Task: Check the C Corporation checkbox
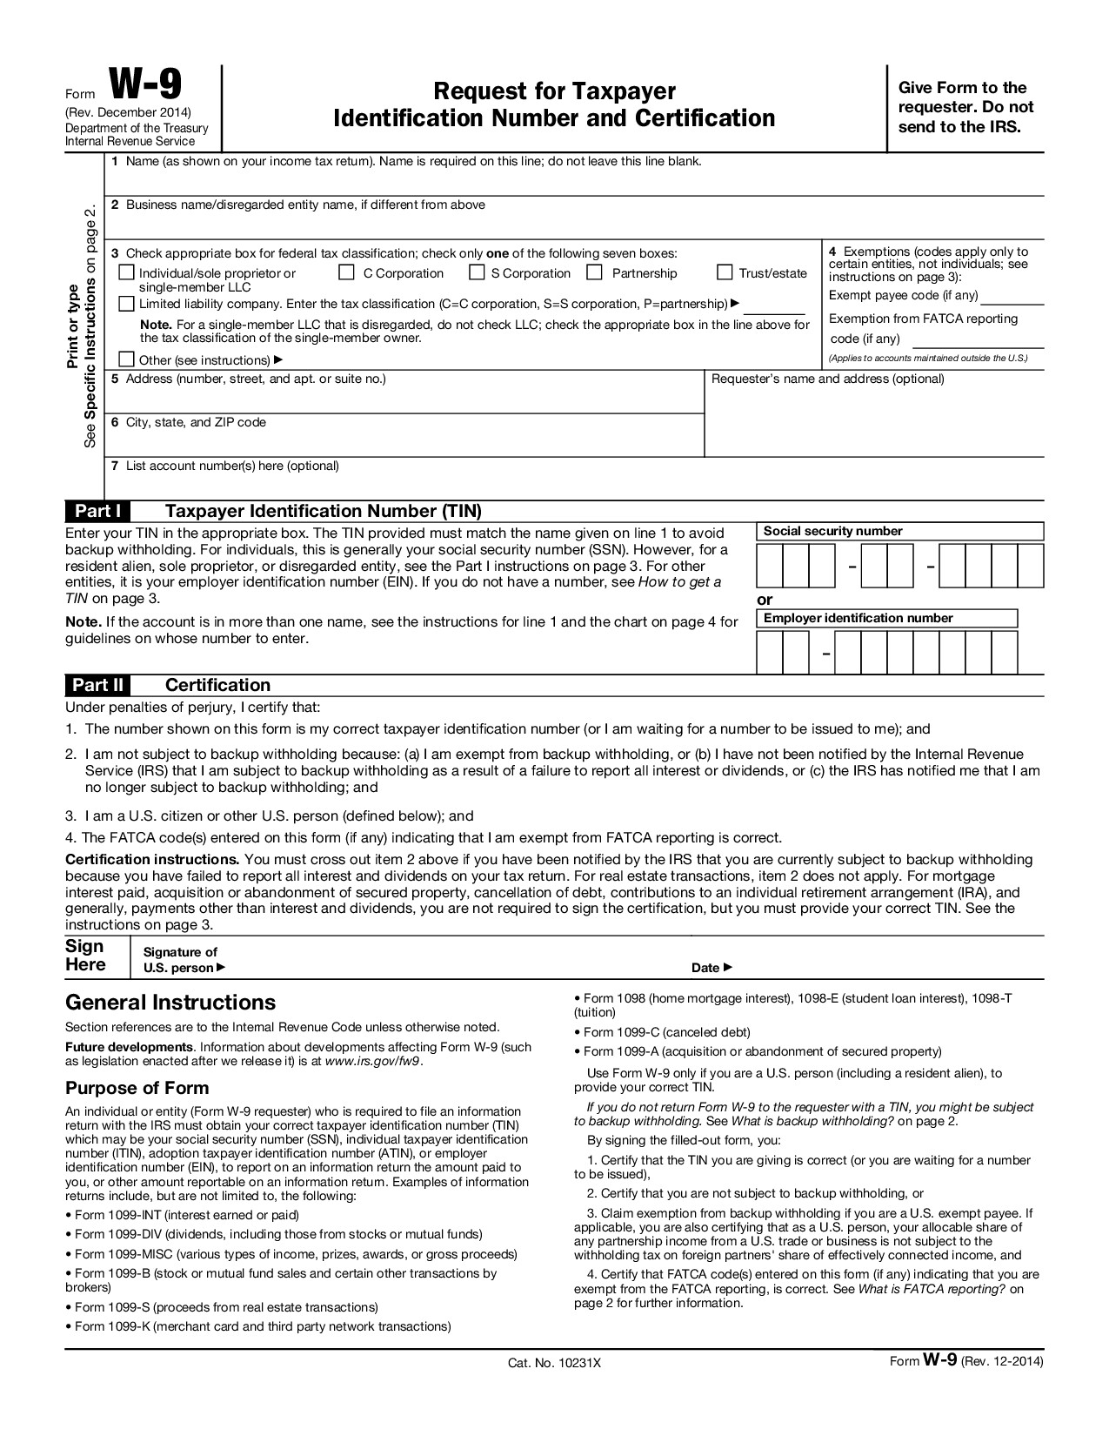(346, 272)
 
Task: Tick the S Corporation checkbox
(476, 272)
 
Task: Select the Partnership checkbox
(595, 272)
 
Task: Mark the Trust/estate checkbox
(725, 272)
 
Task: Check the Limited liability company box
(126, 304)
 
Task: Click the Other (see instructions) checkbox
(126, 359)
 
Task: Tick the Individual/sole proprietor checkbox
(126, 272)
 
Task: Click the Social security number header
(832, 531)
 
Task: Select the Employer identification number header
(858, 618)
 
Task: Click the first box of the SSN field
(770, 567)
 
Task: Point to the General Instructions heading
(170, 1003)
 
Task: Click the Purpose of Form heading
(137, 1088)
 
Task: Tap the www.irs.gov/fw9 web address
(372, 1061)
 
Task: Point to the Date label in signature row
(711, 968)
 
